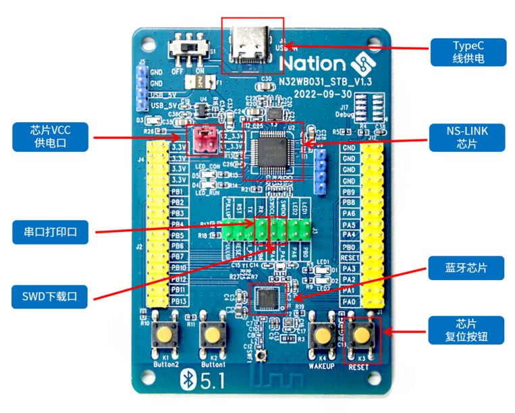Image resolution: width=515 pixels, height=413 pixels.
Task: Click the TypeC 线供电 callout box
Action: [469, 53]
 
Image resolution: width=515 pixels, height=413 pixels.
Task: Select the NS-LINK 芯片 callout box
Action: [469, 138]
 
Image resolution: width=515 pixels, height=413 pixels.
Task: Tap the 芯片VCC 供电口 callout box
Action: [51, 137]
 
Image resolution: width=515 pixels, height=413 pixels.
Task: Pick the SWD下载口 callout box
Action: [51, 295]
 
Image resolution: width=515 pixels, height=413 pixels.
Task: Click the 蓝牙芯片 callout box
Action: [469, 268]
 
